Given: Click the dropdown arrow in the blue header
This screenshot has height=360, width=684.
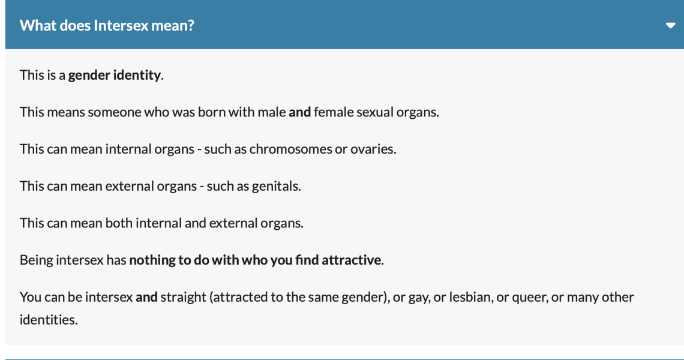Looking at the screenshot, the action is pyautogui.click(x=670, y=25).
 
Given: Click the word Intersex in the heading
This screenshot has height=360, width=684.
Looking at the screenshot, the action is pyautogui.click(x=121, y=25).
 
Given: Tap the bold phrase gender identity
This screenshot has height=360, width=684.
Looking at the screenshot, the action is pyautogui.click(x=115, y=75).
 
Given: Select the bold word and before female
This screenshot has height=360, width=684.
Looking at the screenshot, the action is pyautogui.click(x=299, y=112).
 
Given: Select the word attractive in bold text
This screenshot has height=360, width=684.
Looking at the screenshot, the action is pyautogui.click(x=352, y=260).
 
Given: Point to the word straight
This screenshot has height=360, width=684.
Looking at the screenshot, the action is pyautogui.click(x=183, y=298).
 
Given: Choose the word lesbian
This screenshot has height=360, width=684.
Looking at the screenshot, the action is pyautogui.click(x=470, y=297).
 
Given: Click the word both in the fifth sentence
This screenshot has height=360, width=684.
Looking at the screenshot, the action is pyautogui.click(x=119, y=223).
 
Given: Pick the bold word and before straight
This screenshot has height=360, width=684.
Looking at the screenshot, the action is pyautogui.click(x=146, y=297).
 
